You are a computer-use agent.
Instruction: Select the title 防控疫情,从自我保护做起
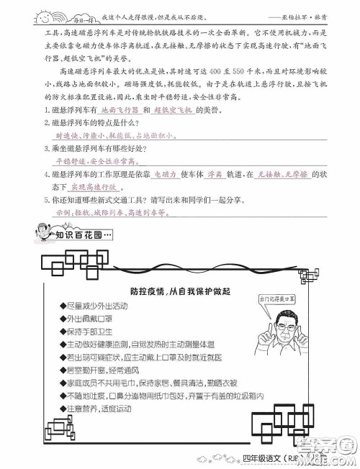click(x=180, y=291)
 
